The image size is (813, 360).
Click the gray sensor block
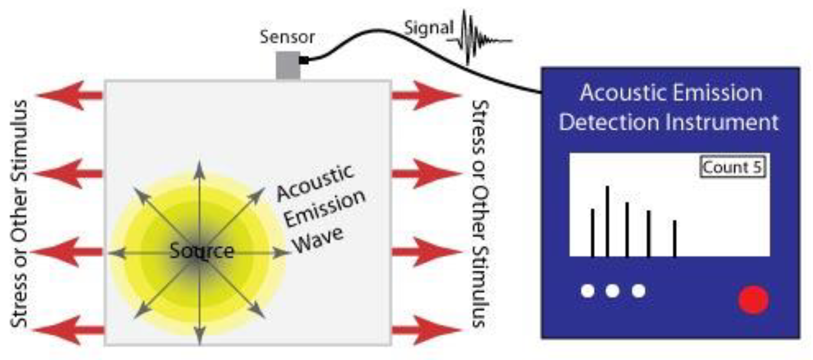[288, 65]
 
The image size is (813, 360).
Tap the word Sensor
[287, 37]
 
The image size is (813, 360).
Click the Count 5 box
[732, 167]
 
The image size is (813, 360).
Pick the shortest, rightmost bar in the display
[674, 238]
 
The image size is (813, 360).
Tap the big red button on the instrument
[753, 300]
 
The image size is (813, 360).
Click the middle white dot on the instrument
[612, 291]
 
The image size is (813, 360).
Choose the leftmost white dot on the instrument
[588, 291]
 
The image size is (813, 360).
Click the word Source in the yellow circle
[202, 251]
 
